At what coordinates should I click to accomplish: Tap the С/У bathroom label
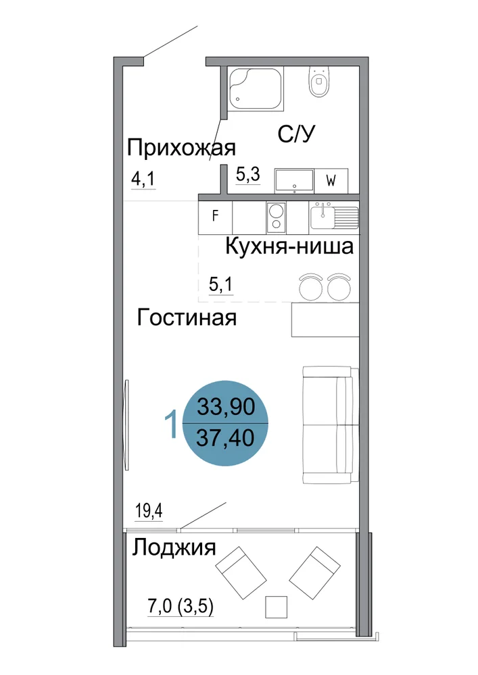coord(297,134)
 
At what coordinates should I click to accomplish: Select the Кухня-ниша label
coord(289,246)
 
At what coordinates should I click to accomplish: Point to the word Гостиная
coord(187,318)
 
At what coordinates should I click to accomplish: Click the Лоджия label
coord(174,548)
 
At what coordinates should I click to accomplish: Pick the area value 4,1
coord(143,179)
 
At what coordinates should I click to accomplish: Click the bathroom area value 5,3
coord(248,174)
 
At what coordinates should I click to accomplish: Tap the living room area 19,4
coord(149,511)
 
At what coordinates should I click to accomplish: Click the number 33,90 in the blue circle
coord(226,406)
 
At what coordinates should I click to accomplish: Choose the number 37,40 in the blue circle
coord(225,438)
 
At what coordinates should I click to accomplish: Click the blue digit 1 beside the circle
coord(172,424)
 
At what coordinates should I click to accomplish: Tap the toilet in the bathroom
coord(319,82)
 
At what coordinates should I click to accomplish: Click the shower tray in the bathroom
coord(255,89)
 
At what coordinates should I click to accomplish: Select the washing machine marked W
coord(331,181)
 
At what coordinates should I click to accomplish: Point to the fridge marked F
coord(216,216)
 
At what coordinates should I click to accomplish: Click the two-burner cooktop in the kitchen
coord(276,217)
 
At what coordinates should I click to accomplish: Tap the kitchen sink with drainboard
coord(334,216)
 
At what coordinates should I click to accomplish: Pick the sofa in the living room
coord(331,425)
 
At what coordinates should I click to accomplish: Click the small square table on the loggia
coord(276,607)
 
